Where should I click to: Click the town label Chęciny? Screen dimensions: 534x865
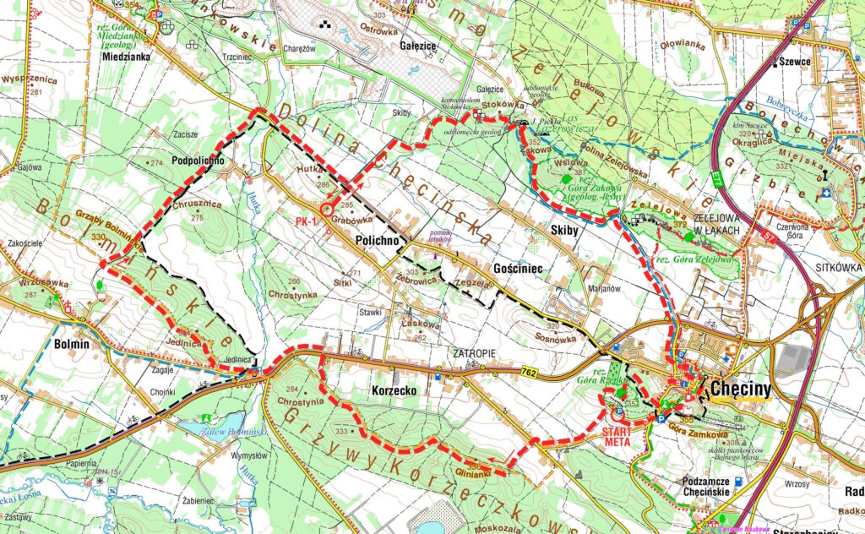[x=744, y=390]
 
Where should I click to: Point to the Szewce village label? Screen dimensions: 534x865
[x=796, y=63]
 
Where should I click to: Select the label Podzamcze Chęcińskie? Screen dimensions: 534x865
[x=692, y=486]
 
